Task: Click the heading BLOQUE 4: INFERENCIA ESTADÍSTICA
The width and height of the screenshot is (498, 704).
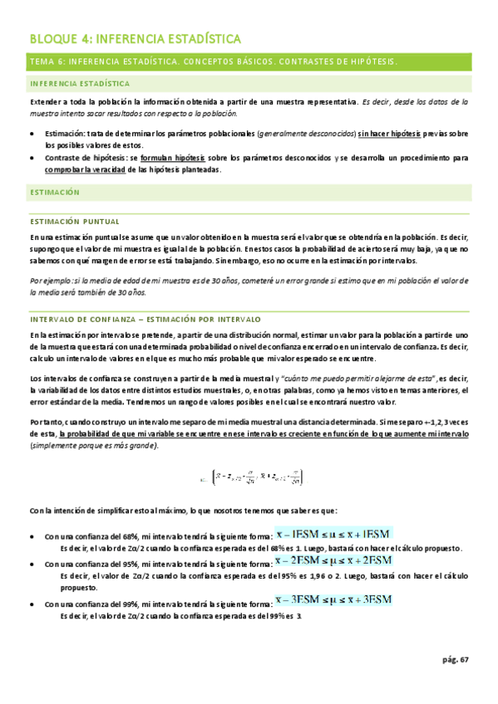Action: point(135,38)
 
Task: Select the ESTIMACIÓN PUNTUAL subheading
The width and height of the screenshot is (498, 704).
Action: point(74,222)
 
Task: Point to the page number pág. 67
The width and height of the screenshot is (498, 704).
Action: point(455,660)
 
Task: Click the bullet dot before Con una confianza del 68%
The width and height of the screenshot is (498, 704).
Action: point(32,537)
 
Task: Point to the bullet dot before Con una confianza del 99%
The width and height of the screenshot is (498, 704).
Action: point(32,604)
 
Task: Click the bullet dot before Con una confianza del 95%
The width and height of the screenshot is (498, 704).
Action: point(32,564)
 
